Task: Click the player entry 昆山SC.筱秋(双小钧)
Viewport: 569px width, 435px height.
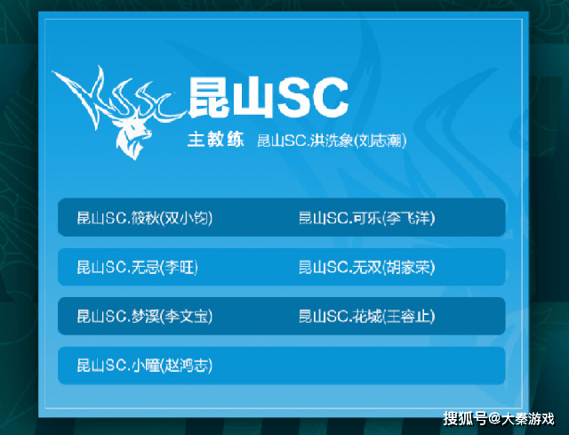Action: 144,218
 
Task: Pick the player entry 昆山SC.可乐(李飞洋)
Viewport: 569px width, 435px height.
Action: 366,218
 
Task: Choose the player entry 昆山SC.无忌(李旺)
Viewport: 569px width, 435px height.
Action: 137,267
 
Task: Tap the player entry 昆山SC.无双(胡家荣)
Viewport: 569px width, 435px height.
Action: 366,267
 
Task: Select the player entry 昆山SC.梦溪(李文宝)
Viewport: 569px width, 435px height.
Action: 144,316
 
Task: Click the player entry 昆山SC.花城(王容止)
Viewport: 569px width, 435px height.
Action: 366,316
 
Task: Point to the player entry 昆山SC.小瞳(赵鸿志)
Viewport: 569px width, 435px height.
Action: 144,365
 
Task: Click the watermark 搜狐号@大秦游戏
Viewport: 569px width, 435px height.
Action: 498,417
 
